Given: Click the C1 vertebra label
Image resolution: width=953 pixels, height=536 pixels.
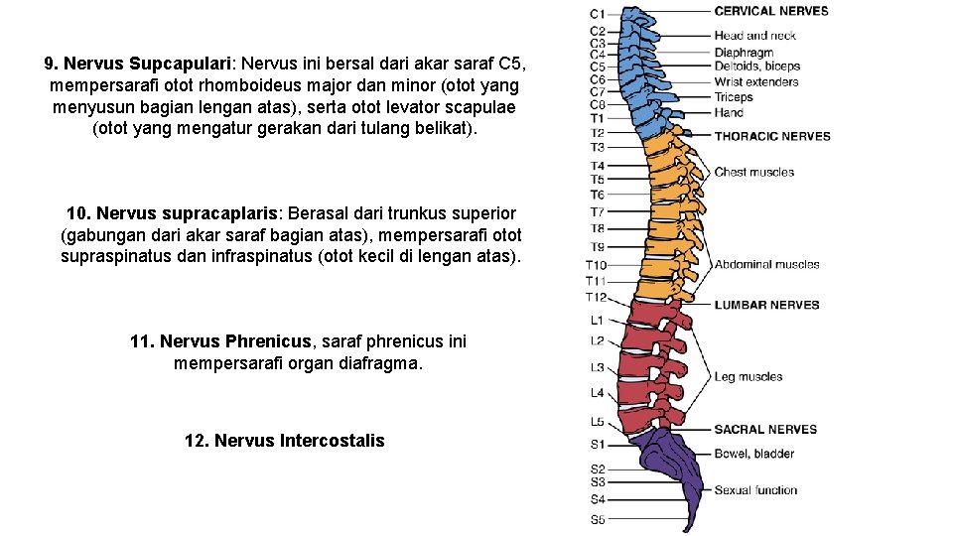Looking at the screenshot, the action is [597, 14].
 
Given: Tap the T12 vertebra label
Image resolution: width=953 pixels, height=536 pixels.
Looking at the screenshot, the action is [596, 297].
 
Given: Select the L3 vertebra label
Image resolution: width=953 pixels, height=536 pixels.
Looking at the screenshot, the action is [597, 367].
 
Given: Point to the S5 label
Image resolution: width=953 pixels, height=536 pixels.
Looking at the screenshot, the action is [597, 519].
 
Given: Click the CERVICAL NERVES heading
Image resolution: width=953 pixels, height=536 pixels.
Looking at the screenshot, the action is [771, 11].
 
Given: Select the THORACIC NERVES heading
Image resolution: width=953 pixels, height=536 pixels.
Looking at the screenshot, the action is [772, 136].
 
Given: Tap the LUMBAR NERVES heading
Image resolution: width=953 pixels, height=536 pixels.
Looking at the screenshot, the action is [766, 305].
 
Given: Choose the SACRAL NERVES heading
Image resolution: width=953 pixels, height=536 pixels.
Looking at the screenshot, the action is [765, 430].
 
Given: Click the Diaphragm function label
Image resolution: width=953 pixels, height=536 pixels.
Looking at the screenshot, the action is [744, 53].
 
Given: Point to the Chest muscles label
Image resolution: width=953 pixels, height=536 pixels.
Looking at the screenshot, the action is [754, 173].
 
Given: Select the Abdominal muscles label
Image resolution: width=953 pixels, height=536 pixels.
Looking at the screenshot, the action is [766, 264].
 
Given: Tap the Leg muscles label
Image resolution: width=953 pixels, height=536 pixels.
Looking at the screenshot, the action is [749, 377].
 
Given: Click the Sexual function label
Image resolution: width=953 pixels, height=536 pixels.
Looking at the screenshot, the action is [755, 490].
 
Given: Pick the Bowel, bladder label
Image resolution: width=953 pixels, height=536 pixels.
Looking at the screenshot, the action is [754, 454].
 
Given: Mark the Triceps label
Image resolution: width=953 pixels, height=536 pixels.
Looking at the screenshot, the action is [734, 97].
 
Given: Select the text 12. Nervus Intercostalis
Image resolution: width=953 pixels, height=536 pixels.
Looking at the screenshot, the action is [284, 441].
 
